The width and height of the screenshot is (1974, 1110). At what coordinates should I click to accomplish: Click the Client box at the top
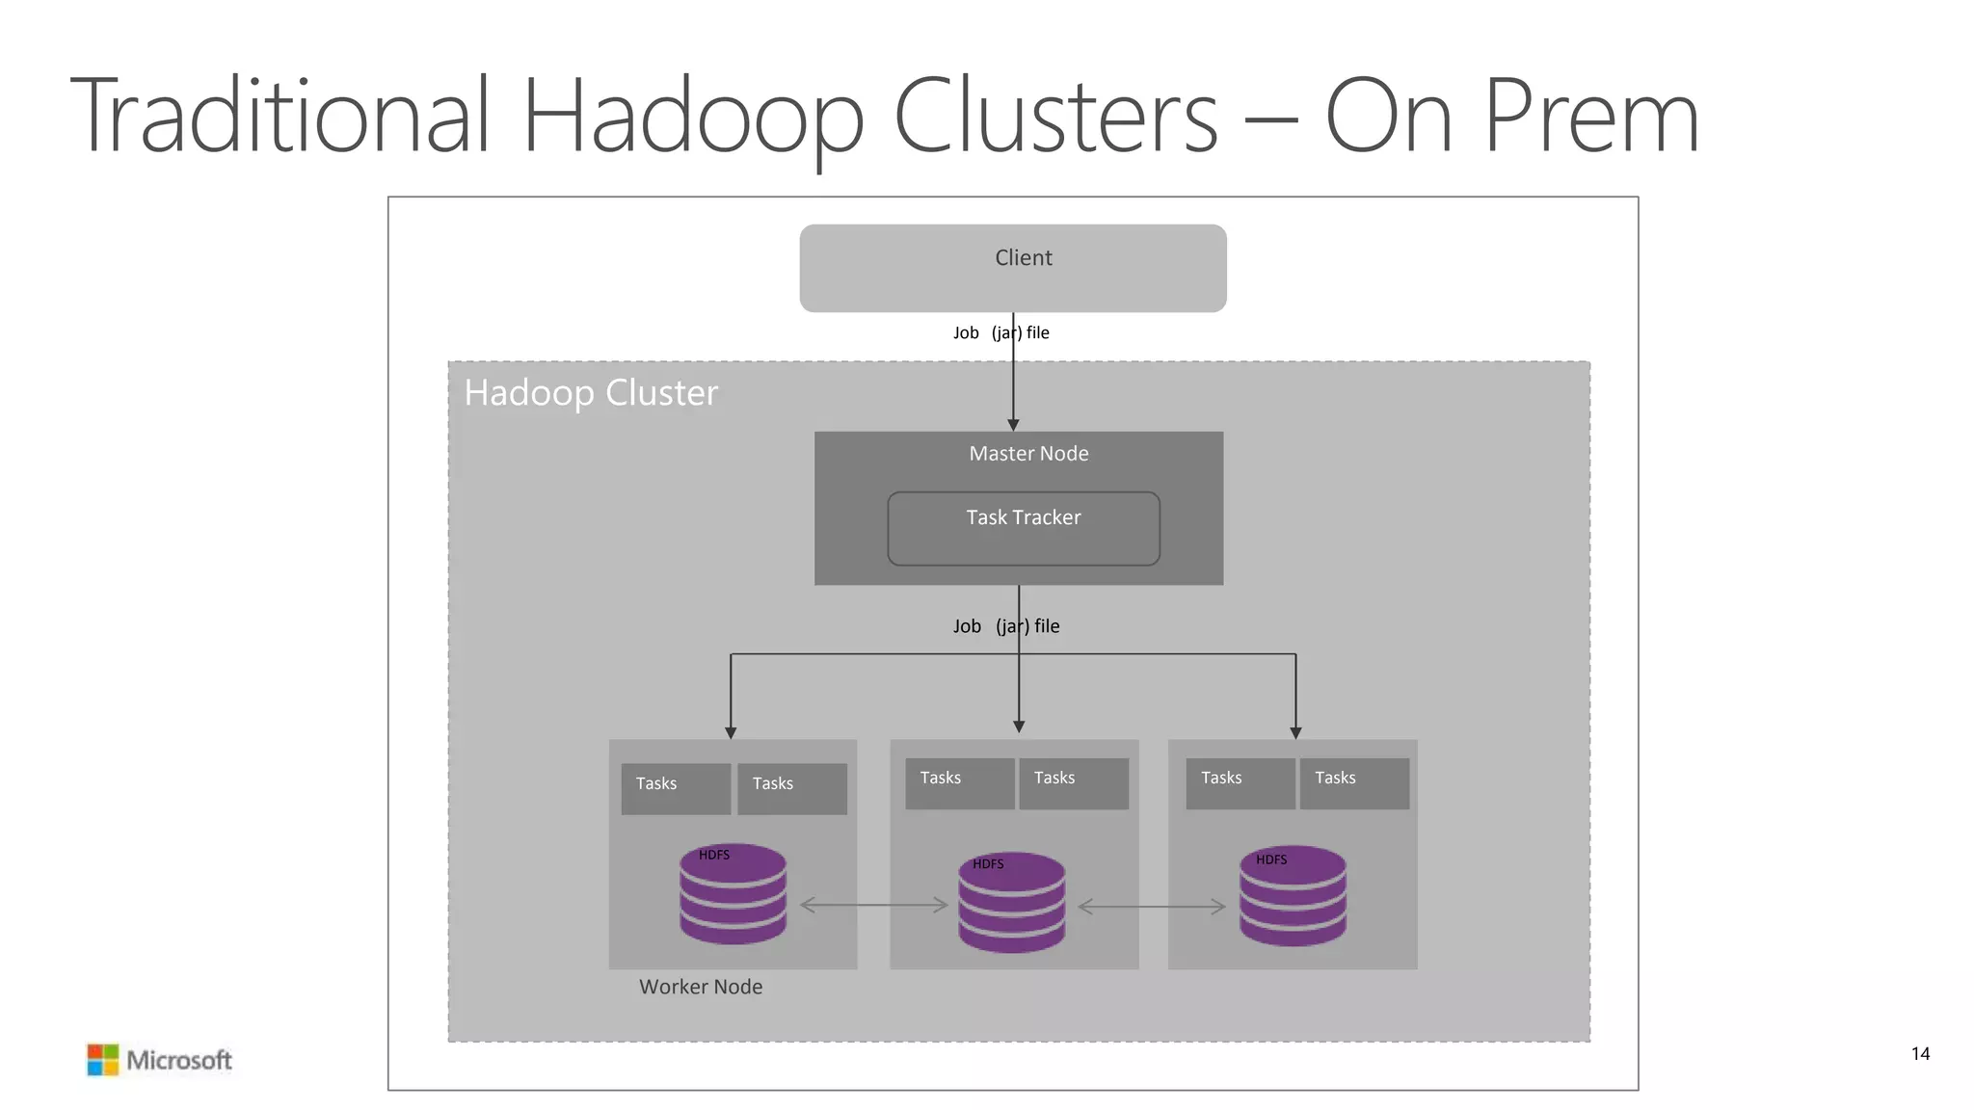pos(1012,268)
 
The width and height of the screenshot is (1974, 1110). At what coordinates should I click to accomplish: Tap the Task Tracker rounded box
pos(1023,528)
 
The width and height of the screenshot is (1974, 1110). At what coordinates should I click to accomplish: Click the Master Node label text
pos(1028,454)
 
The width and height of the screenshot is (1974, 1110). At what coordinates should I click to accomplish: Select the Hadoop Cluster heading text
pos(591,393)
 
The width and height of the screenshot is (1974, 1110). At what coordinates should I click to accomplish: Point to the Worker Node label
pos(701,987)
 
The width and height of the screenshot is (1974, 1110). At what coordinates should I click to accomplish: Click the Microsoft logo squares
pos(103,1060)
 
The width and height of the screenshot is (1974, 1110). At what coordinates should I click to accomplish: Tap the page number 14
pos(1919,1054)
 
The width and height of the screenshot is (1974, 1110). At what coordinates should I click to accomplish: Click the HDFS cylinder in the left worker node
pos(733,894)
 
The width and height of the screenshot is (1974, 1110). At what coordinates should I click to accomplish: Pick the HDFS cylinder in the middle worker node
pos(1011,903)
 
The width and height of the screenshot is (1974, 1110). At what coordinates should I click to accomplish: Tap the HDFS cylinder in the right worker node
pos(1292,896)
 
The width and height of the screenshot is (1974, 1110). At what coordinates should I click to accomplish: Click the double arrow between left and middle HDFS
pos(874,905)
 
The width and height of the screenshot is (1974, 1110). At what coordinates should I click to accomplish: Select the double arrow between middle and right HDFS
pos(1152,907)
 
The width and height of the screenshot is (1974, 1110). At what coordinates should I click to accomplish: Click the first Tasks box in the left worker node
pos(676,789)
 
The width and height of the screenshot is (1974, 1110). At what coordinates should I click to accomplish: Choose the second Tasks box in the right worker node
pos(1354,783)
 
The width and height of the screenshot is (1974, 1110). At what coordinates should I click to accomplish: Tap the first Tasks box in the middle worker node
pos(959,783)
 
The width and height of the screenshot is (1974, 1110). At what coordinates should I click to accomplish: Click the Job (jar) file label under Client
pos(1000,333)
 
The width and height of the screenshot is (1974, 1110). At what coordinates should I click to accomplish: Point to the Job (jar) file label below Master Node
pos(1005,626)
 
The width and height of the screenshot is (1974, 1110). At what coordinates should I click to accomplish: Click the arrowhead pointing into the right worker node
pos(1295,733)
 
